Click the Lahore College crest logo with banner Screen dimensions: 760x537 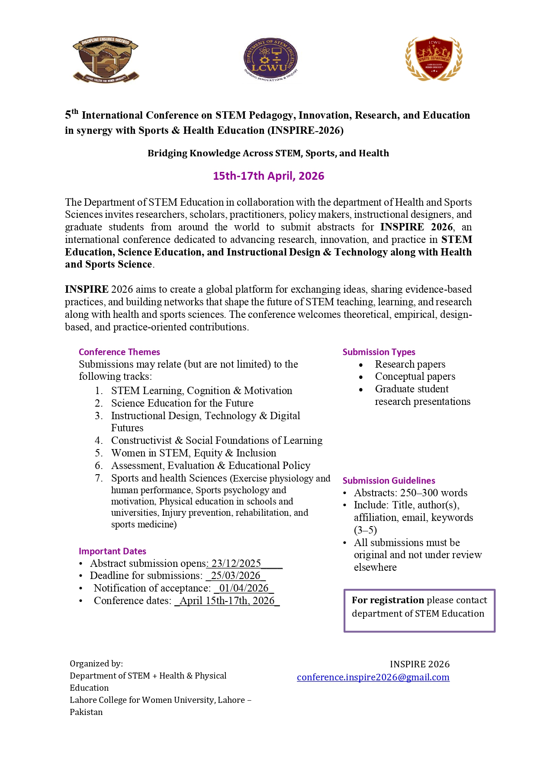click(x=106, y=59)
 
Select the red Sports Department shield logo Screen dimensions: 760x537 click(x=434, y=58)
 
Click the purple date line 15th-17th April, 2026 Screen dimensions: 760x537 click(x=268, y=176)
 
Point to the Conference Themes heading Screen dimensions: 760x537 click(x=119, y=352)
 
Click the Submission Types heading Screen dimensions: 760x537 click(x=379, y=352)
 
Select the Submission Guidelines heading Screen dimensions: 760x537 click(x=389, y=481)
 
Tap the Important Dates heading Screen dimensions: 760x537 click(x=113, y=551)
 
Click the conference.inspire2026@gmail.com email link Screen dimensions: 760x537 click(x=373, y=677)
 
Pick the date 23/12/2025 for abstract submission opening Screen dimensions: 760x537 click(x=236, y=563)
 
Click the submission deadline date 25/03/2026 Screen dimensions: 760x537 click(x=235, y=576)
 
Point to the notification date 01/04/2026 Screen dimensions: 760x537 click(x=244, y=588)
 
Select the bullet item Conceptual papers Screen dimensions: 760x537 click(x=415, y=376)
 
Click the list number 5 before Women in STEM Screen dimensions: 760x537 click(x=99, y=453)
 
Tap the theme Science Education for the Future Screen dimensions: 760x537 click(x=182, y=403)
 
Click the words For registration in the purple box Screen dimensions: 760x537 click(x=388, y=600)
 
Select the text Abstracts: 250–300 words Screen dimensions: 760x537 click(x=410, y=493)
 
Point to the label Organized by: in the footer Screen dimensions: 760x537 click(x=96, y=663)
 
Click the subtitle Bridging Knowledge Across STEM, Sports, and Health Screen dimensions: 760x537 click(x=268, y=153)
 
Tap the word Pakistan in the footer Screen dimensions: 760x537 click(x=86, y=712)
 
